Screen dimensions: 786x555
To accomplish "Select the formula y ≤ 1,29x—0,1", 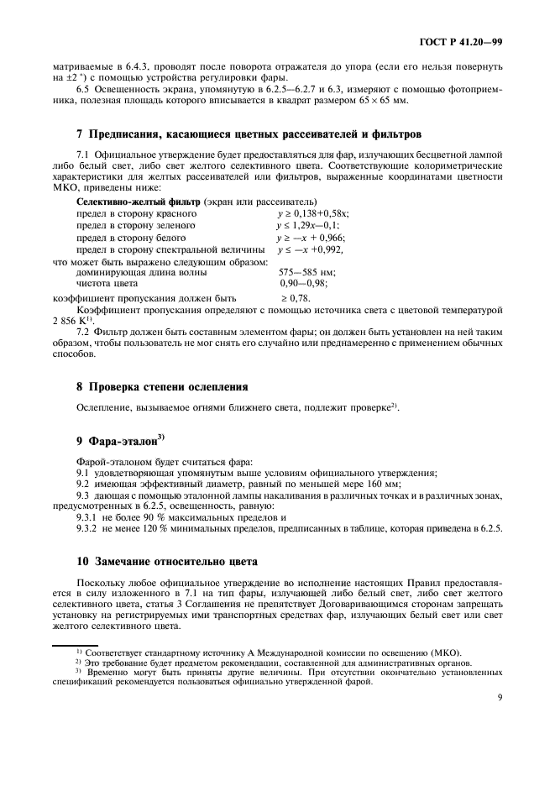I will click(309, 226).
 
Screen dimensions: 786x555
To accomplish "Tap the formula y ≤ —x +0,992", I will click(310, 250).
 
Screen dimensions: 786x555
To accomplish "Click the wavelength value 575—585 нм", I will click(306, 273).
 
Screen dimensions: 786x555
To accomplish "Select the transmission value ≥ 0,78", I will click(294, 298).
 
